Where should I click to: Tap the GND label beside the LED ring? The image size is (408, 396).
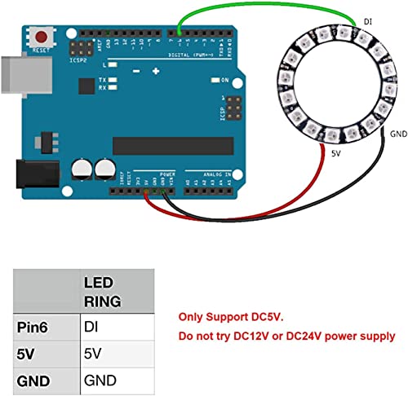(x=398, y=133)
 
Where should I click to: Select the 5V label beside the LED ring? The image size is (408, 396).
(x=335, y=152)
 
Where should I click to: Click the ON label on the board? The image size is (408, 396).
(x=222, y=80)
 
